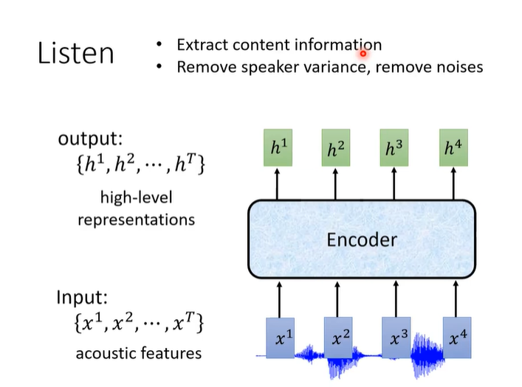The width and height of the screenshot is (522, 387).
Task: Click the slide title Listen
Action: coord(76,54)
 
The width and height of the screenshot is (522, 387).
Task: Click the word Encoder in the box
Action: coord(362,240)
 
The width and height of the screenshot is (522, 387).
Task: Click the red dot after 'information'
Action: coord(363,52)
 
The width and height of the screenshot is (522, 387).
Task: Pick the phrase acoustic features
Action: coord(138,353)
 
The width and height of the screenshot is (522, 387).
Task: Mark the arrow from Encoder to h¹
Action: coord(278,184)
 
